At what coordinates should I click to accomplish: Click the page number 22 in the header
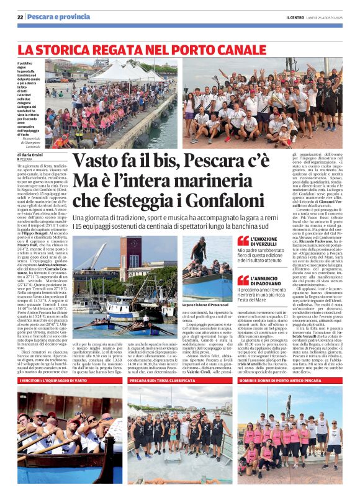(20, 16)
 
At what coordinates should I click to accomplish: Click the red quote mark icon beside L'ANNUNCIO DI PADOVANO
(243, 280)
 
